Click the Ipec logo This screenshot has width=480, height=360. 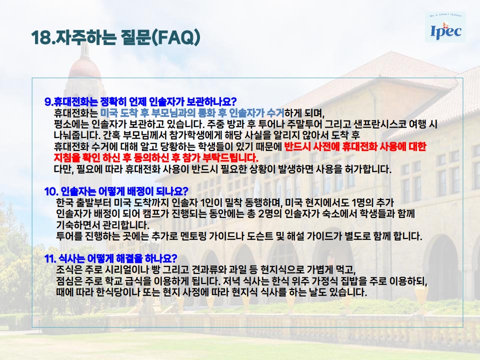tap(445, 27)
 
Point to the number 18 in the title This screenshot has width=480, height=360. tap(40, 37)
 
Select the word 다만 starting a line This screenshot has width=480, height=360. tap(63, 169)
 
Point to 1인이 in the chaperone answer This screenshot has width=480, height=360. tap(210, 202)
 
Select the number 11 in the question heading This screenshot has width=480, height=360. tap(50, 258)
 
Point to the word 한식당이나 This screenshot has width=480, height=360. tap(118, 292)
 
